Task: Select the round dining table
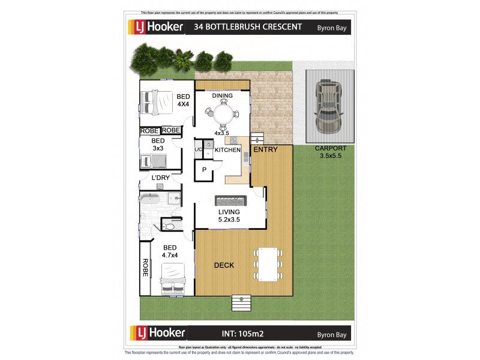[x=223, y=113]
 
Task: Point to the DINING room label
[x=222, y=95]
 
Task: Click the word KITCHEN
[x=227, y=150]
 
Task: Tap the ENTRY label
[x=265, y=149]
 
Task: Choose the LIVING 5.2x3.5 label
[x=229, y=215]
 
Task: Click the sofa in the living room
[x=230, y=200]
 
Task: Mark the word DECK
[x=224, y=265]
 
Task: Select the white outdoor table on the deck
[x=268, y=265]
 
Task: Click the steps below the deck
[x=241, y=302]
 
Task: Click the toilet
[x=168, y=226]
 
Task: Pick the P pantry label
[x=203, y=170]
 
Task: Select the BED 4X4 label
[x=183, y=100]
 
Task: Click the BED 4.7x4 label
[x=170, y=251]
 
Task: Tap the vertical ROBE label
[x=146, y=268]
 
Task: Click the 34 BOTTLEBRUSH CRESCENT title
[x=241, y=27]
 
